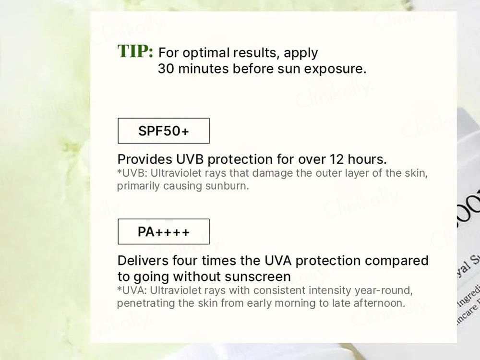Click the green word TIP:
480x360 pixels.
tap(135, 51)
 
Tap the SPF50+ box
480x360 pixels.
tap(164, 131)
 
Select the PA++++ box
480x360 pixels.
tap(164, 232)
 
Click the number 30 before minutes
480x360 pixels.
tap(166, 69)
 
